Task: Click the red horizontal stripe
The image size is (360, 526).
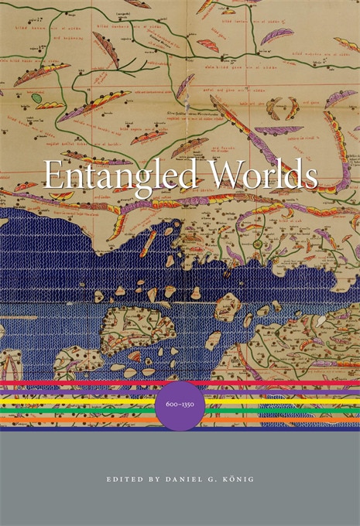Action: point(77,384)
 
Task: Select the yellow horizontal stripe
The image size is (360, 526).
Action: point(77,401)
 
